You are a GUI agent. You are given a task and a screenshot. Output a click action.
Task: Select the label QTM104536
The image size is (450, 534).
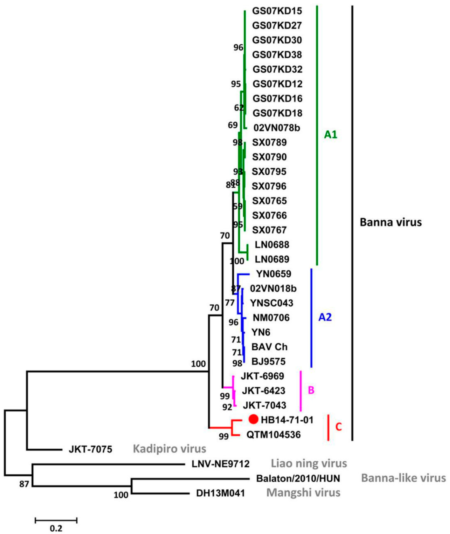(274, 434)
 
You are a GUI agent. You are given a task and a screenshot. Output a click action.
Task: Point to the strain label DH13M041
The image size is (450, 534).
(220, 493)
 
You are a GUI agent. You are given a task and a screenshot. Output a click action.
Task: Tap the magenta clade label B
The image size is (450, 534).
(311, 390)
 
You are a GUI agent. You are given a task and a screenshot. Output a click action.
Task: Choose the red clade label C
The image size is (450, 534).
(338, 427)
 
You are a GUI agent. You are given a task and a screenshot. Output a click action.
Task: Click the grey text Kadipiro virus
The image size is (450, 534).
(169, 449)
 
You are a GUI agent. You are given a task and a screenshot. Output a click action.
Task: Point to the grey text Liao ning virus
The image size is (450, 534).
(309, 463)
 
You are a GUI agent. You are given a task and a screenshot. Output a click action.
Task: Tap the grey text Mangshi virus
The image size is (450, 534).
(303, 493)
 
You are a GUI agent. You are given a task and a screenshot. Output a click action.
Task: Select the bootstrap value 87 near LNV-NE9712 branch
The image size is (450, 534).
(24, 484)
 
